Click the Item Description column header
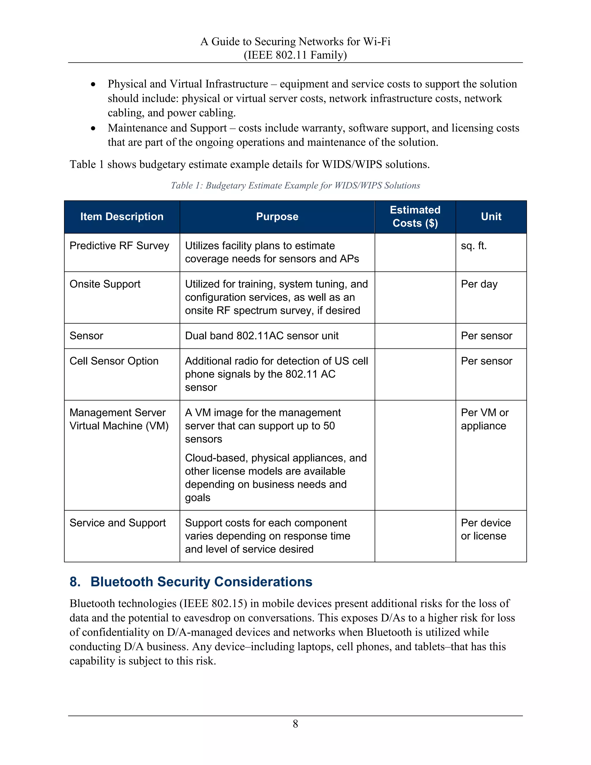pyautogui.click(x=122, y=217)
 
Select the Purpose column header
pyautogui.click(x=277, y=217)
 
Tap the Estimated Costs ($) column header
pyautogui.click(x=415, y=217)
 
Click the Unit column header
pyautogui.click(x=491, y=217)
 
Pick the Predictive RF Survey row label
pyautogui.click(x=119, y=246)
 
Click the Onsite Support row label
pyautogui.click(x=105, y=284)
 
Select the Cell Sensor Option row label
pyautogui.click(x=114, y=361)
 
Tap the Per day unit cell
pyautogui.click(x=479, y=284)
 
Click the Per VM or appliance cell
pyautogui.click(x=484, y=419)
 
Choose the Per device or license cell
pyautogui.click(x=485, y=529)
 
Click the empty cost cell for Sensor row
pyautogui.click(x=415, y=335)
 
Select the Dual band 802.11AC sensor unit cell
pyautogui.click(x=261, y=335)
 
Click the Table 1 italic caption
pyautogui.click(x=295, y=185)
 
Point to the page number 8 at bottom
pyautogui.click(x=295, y=724)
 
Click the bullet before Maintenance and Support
pyautogui.click(x=93, y=128)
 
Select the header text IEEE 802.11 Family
pyautogui.click(x=295, y=55)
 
